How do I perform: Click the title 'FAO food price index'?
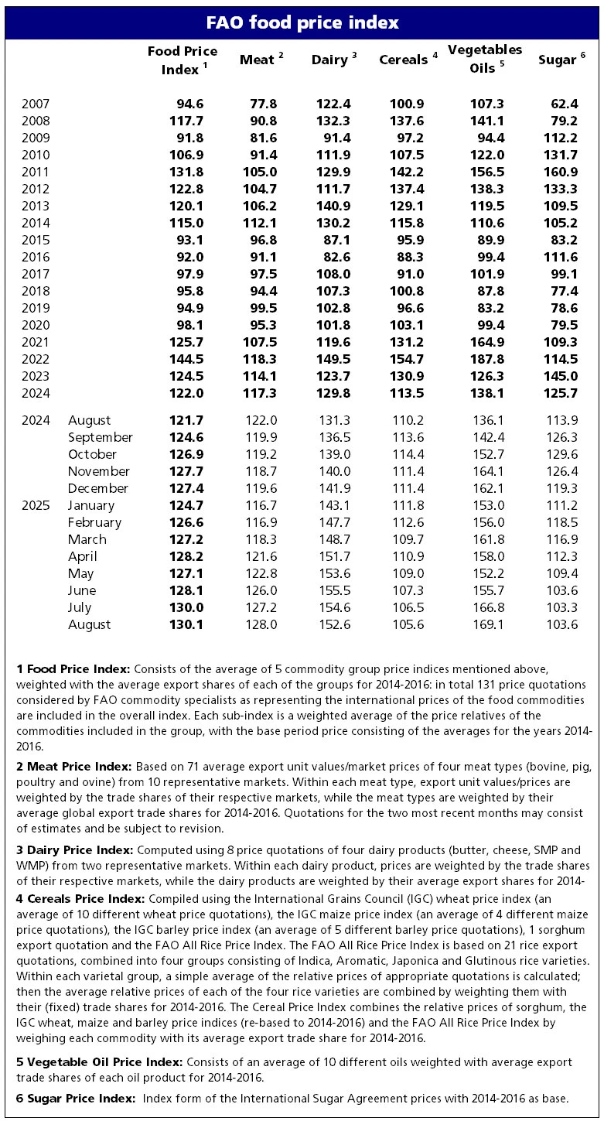[x=302, y=22]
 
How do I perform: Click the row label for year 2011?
[x=36, y=172]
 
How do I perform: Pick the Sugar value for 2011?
[x=562, y=172]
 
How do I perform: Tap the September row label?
[x=101, y=437]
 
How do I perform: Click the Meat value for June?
[x=261, y=590]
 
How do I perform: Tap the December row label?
[x=98, y=488]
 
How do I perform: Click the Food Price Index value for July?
[x=187, y=607]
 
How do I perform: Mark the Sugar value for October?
[x=562, y=454]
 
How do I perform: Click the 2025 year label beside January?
[x=36, y=505]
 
